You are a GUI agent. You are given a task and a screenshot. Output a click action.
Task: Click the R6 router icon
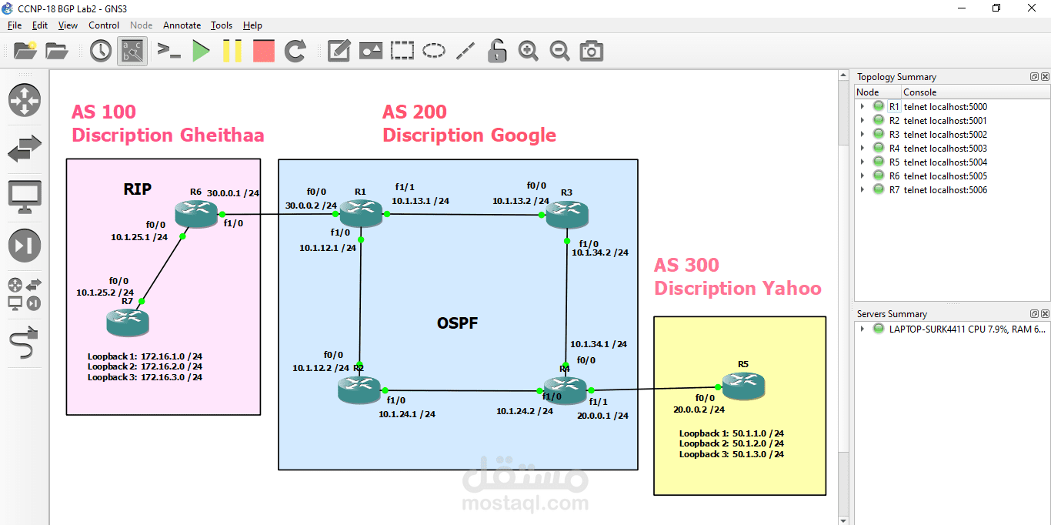[196, 213]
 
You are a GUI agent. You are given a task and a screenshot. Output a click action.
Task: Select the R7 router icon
[128, 321]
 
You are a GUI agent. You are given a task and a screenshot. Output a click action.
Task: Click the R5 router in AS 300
[743, 385]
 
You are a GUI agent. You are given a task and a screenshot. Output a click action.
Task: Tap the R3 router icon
[567, 213]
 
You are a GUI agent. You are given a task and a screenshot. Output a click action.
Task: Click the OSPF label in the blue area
[457, 323]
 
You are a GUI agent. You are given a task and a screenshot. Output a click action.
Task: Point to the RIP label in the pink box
[138, 189]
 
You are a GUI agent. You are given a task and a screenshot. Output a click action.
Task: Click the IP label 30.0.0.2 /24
[311, 206]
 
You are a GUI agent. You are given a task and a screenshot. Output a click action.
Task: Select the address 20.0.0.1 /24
[602, 416]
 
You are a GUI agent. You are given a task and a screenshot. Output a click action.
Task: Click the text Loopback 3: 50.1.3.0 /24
[731, 454]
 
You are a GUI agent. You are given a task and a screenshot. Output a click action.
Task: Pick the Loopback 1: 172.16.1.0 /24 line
[145, 356]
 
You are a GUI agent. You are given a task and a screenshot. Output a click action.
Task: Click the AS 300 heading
[686, 266]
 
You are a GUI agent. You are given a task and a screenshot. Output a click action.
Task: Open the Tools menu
[222, 25]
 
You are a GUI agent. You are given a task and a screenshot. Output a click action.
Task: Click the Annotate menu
[182, 25]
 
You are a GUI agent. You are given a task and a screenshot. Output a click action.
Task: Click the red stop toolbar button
[264, 52]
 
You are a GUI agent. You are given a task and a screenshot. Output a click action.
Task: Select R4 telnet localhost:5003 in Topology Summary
[945, 149]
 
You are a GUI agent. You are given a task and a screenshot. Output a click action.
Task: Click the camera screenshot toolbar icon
[591, 52]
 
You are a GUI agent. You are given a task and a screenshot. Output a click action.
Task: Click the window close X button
[1032, 8]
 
